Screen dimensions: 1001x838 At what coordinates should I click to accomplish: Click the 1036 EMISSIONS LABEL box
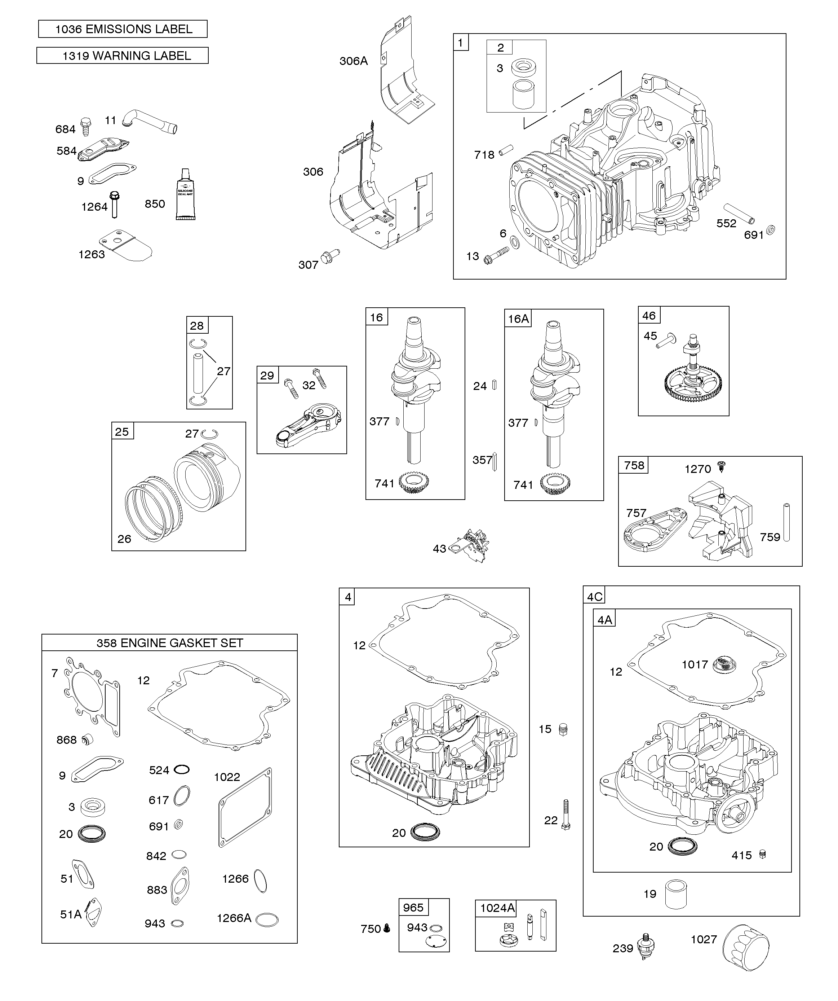[x=123, y=29]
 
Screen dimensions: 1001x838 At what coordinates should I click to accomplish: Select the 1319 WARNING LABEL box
[x=123, y=56]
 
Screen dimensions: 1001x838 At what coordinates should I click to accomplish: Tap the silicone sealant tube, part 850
[x=185, y=196]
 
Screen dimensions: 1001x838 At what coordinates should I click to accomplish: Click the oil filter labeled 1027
[x=746, y=945]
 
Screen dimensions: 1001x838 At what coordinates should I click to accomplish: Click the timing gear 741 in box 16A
[x=555, y=484]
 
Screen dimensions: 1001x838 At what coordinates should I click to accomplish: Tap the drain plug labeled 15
[x=563, y=729]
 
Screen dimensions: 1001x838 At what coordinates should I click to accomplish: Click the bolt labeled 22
[x=566, y=815]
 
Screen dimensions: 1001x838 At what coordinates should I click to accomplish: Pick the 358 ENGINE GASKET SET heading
[x=170, y=643]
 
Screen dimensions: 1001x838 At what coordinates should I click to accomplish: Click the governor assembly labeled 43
[x=472, y=544]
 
